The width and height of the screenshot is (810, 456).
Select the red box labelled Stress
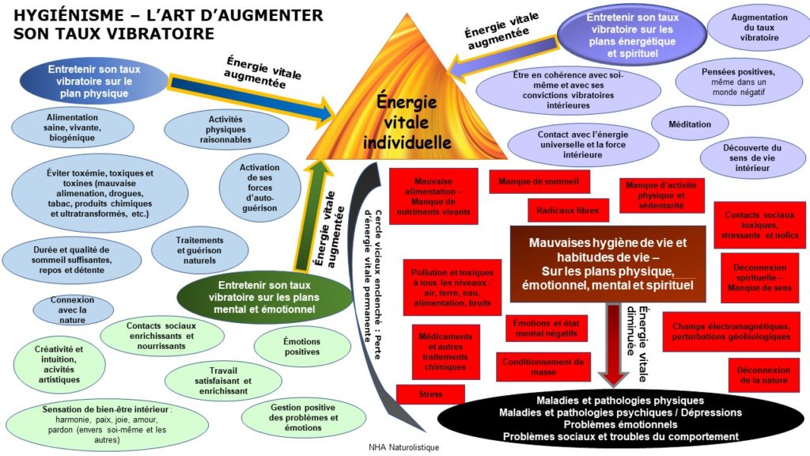coord(430,393)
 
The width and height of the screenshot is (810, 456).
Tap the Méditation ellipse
coord(690,124)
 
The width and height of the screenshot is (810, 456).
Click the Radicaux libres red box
coord(568,211)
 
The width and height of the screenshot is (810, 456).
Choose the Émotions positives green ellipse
coord(290,347)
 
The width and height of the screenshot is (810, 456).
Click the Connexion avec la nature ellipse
coord(73,310)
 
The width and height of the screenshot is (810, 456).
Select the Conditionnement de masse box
coord(543,367)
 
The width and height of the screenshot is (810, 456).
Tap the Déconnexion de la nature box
coord(763,374)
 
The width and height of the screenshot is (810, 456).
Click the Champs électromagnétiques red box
coord(731,331)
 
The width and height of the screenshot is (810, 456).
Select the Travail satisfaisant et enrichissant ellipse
coord(224,381)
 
